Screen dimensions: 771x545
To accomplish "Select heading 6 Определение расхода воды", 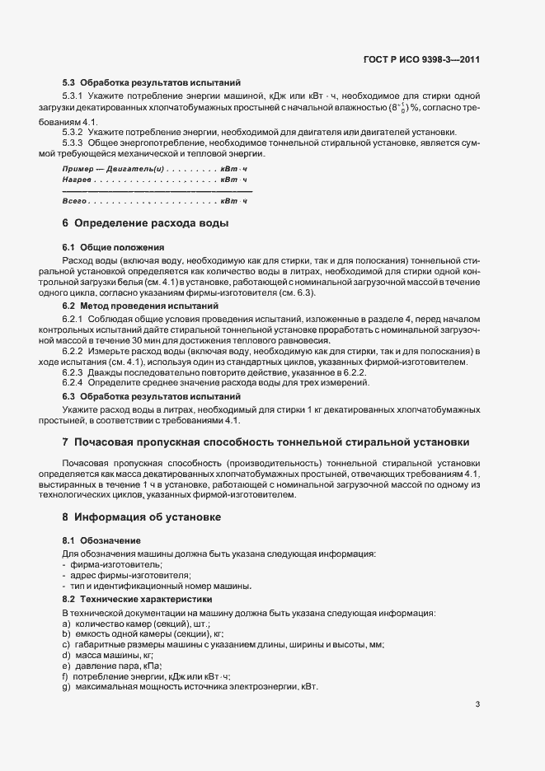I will point(145,223).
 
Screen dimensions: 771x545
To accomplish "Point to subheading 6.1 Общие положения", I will point(113,247).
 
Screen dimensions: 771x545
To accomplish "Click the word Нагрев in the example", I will point(76,179).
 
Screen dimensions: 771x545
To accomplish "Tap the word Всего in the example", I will point(74,201).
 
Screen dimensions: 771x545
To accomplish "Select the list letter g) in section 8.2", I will point(66,687).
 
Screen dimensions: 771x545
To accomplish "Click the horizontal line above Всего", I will point(157,191).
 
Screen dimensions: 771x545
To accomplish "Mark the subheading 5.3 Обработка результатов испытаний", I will point(152,82).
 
